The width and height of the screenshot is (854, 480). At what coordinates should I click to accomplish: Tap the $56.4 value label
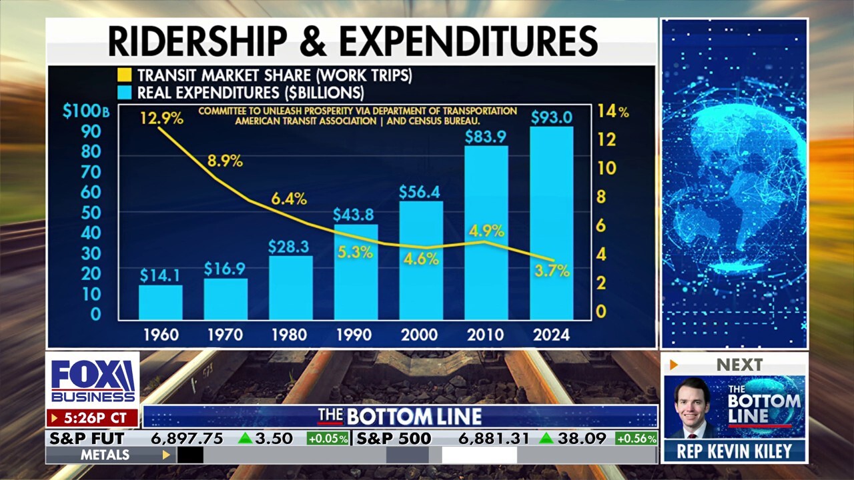pyautogui.click(x=420, y=192)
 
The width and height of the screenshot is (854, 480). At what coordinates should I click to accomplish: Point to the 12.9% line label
pyautogui.click(x=161, y=119)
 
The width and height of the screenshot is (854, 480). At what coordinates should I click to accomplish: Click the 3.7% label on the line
pyautogui.click(x=552, y=271)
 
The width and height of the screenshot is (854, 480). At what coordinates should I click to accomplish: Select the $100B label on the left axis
pyautogui.click(x=85, y=111)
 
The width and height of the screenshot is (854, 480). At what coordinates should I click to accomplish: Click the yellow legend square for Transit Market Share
pyautogui.click(x=125, y=75)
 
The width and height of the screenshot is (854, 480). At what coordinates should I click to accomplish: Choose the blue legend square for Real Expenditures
pyautogui.click(x=125, y=92)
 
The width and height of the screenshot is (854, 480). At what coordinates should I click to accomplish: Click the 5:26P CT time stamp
pyautogui.click(x=93, y=418)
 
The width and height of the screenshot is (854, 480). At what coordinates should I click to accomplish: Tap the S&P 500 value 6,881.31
pyautogui.click(x=494, y=439)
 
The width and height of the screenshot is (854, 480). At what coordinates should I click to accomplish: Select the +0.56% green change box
pyautogui.click(x=636, y=439)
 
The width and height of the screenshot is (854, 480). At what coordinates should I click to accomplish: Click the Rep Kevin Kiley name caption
pyautogui.click(x=735, y=451)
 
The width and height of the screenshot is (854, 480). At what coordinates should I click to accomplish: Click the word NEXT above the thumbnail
pyautogui.click(x=739, y=365)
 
